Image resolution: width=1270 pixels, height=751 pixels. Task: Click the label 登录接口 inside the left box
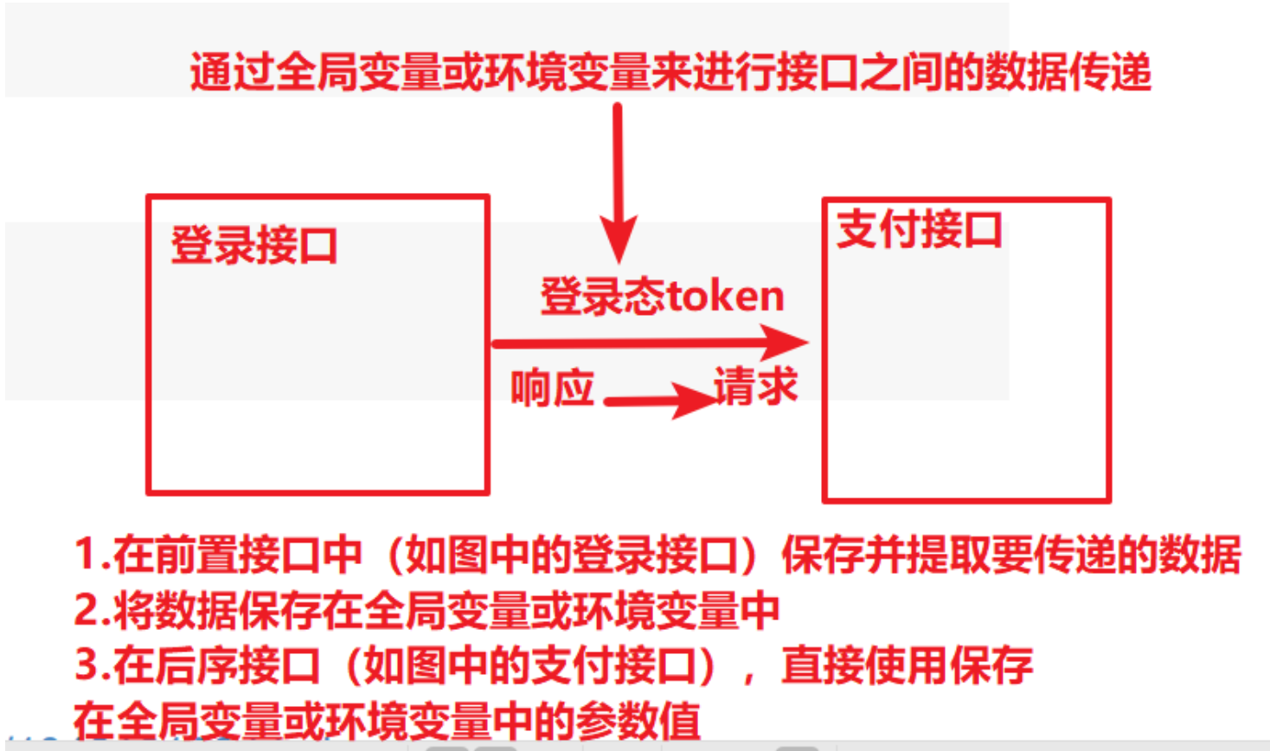pyautogui.click(x=253, y=245)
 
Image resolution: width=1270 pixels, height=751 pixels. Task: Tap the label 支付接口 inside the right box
pyautogui.click(x=919, y=230)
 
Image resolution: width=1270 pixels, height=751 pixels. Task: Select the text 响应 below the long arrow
pyautogui.click(x=552, y=388)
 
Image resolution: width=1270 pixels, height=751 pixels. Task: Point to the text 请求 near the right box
pyautogui.click(x=755, y=386)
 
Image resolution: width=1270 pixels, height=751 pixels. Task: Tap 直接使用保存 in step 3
pyautogui.click(x=907, y=665)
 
